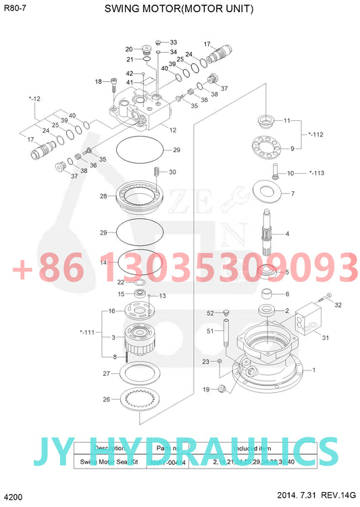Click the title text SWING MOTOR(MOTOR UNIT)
click(x=180, y=9)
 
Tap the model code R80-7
click(x=15, y=8)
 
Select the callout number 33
click(x=173, y=42)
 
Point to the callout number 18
click(x=98, y=81)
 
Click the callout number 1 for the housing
click(x=314, y=370)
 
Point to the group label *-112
click(x=315, y=135)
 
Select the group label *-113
click(x=315, y=173)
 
